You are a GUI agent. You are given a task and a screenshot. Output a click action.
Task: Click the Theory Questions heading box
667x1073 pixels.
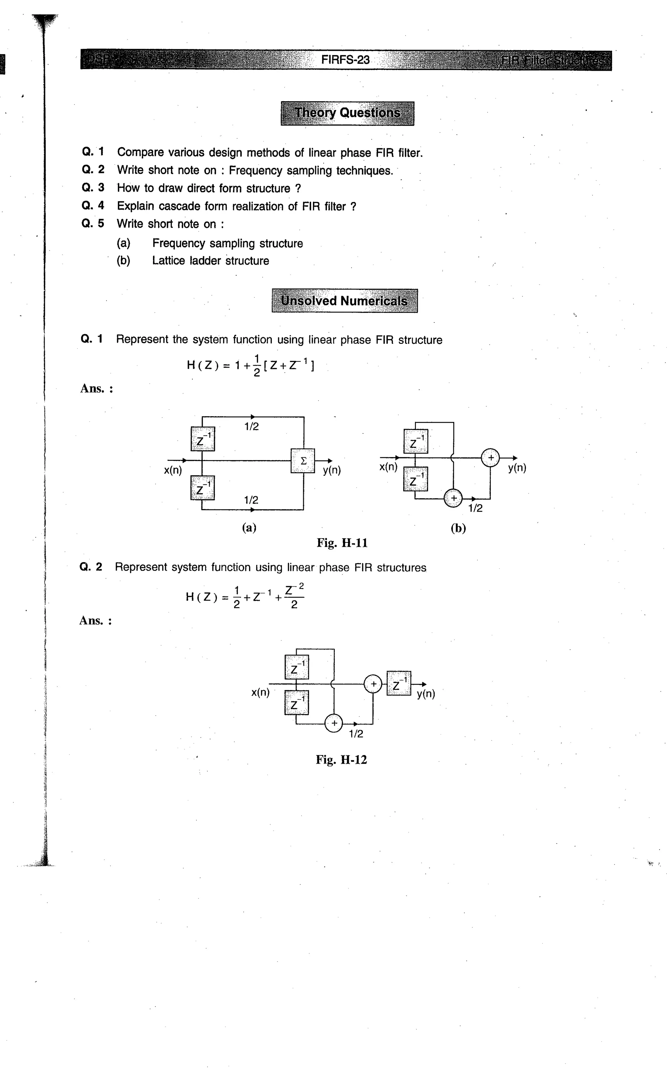(x=347, y=113)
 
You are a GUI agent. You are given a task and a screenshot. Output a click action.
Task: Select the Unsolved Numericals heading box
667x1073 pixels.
(x=345, y=301)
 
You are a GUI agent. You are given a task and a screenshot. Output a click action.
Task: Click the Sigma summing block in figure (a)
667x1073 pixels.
(x=303, y=461)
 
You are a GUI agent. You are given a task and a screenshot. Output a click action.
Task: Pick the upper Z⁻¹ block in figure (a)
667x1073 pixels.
(x=203, y=439)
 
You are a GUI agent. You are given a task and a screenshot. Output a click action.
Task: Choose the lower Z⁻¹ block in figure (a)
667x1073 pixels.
(x=203, y=488)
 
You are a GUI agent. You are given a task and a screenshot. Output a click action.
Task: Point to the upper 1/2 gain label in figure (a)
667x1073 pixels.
(x=251, y=427)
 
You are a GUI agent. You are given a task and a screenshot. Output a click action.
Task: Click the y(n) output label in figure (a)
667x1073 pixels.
(x=332, y=470)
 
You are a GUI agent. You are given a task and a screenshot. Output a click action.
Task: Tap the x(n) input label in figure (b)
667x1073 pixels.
(x=388, y=467)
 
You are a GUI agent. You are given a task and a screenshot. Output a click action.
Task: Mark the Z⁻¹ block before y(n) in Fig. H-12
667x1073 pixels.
(x=399, y=684)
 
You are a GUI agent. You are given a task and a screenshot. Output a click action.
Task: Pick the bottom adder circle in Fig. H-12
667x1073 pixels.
(x=334, y=723)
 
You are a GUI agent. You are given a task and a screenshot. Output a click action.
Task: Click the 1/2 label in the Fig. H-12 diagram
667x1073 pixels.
(x=356, y=734)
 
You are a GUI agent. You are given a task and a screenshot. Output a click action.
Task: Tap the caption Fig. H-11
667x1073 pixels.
(x=342, y=543)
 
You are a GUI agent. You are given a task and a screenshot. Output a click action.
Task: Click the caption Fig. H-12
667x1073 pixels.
(x=341, y=759)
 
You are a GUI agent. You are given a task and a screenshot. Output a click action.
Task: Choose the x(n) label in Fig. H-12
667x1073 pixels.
(x=260, y=692)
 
